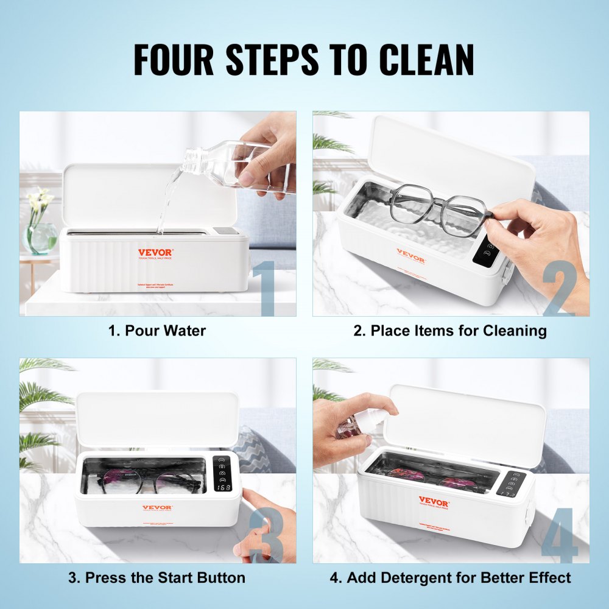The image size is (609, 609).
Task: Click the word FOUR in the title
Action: tap(175, 60)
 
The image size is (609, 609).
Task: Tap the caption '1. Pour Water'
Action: tap(157, 331)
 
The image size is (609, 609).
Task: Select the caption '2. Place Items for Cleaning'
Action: tap(450, 331)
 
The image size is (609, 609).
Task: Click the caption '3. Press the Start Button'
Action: tap(157, 577)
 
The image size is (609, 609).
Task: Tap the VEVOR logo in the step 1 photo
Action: tap(155, 252)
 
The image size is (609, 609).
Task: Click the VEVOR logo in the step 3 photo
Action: tap(157, 507)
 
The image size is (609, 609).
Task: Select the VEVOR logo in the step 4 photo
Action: tap(433, 502)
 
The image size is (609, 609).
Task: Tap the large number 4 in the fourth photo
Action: tap(559, 536)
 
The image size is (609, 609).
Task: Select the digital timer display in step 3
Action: tap(224, 487)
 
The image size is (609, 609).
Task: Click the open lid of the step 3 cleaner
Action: tap(157, 419)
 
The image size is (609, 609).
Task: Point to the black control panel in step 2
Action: tap(485, 249)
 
